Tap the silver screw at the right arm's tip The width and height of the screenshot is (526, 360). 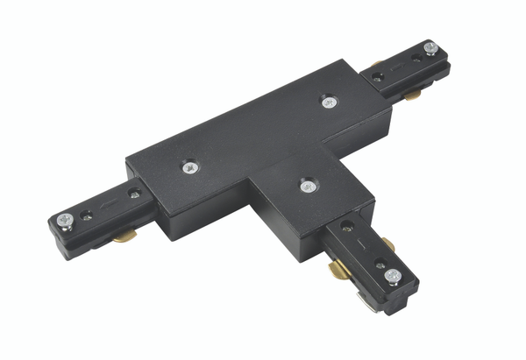pos(430,48)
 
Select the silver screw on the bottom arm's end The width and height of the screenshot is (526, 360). pos(391,277)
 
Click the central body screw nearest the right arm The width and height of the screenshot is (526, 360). pos(328,102)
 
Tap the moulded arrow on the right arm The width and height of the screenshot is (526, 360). pos(396,66)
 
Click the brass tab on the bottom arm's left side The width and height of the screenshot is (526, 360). pos(338,268)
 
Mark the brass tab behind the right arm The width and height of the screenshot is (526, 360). pos(376,64)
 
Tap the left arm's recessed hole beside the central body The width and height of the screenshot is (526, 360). pos(134,192)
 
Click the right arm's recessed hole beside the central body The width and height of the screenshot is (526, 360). pos(377,77)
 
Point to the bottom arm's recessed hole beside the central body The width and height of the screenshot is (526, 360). pos(351,233)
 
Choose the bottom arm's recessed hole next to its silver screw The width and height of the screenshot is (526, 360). pos(377,263)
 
